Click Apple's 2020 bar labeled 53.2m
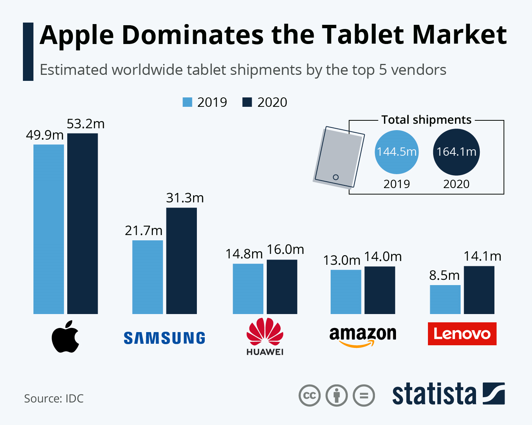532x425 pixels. (83, 223)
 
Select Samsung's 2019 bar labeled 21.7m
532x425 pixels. (148, 277)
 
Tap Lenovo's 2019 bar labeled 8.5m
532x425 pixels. (445, 299)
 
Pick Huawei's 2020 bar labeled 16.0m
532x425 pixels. (282, 287)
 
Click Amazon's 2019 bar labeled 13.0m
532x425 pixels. (346, 291)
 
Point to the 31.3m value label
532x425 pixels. (185, 198)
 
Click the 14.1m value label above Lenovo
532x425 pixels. (482, 256)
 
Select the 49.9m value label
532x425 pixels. (45, 135)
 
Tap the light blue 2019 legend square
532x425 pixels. (187, 102)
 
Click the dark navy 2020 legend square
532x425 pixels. (247, 102)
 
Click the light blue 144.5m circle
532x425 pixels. (396, 152)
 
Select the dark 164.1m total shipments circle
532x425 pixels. (456, 152)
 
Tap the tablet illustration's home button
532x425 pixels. (336, 177)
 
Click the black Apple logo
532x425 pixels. (65, 337)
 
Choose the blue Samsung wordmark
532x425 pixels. (164, 338)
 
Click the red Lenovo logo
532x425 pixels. (462, 334)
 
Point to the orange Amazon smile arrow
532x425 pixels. (356, 344)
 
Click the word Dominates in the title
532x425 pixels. (193, 35)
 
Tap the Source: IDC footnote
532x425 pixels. (54, 398)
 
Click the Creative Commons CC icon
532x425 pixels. (310, 396)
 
